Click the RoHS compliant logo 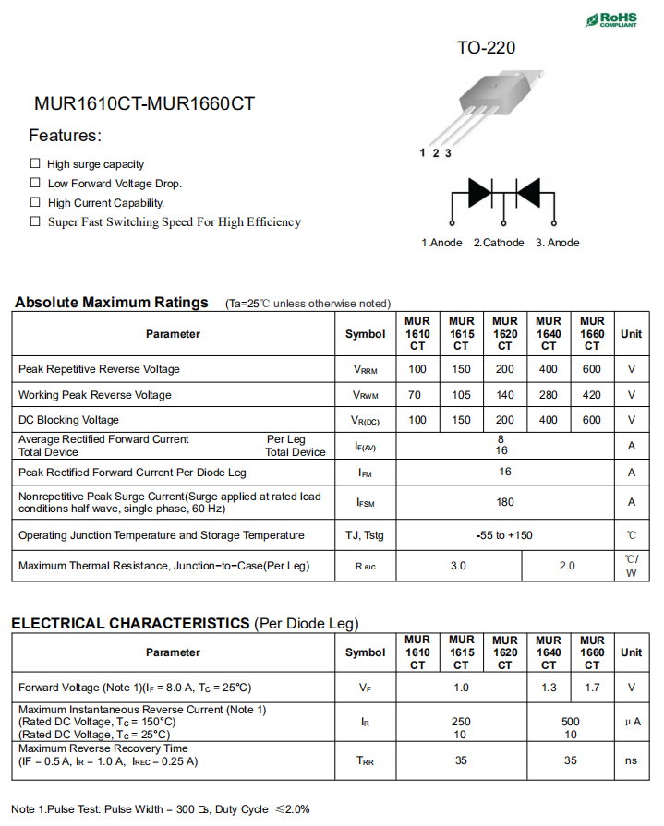click(x=610, y=19)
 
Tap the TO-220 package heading click(x=486, y=48)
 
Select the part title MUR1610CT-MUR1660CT click(x=144, y=104)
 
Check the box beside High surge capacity click(x=35, y=163)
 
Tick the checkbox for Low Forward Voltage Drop click(x=35, y=183)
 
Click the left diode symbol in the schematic click(x=479, y=192)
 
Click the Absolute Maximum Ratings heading click(x=112, y=303)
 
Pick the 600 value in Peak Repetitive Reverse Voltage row click(x=592, y=369)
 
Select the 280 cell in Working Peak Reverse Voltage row click(x=549, y=395)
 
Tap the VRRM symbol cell click(x=365, y=369)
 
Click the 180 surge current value click(x=504, y=502)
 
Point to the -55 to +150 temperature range click(x=504, y=535)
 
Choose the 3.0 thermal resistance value click(x=458, y=566)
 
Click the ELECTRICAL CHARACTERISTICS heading click(x=130, y=624)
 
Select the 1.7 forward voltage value click(x=592, y=688)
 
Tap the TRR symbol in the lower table click(x=365, y=761)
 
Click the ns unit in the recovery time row click(x=631, y=761)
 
